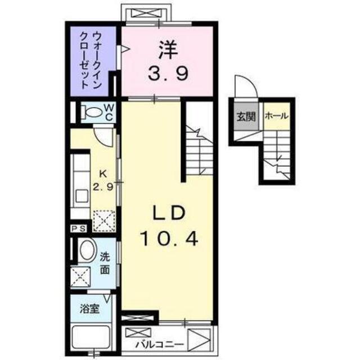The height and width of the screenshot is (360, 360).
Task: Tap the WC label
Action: coord(109,111)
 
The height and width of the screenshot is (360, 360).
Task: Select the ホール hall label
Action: coord(276,116)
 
